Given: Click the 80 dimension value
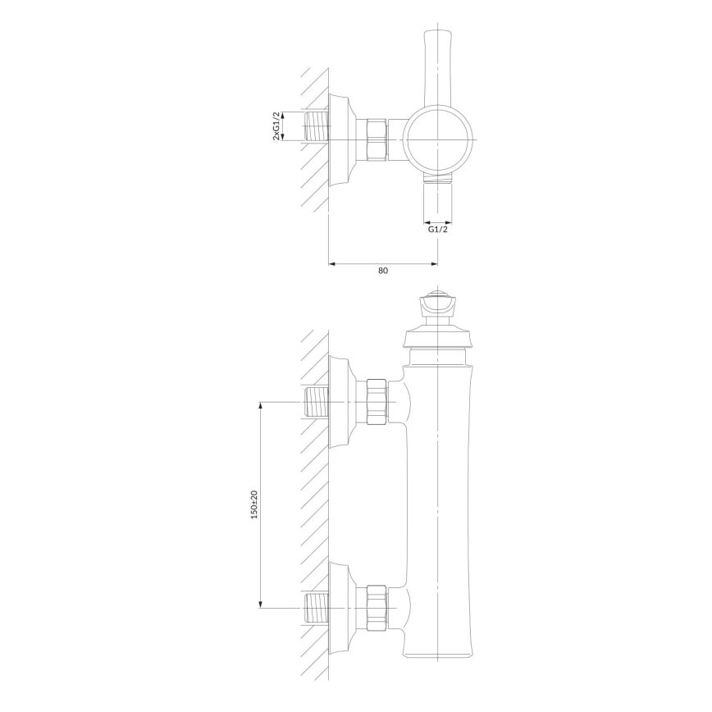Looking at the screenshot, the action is tap(383, 271).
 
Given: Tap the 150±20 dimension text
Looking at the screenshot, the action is tap(254, 504).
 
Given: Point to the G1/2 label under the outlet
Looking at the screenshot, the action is tap(438, 230).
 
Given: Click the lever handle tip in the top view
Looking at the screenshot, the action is tap(437, 33).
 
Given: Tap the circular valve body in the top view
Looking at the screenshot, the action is tap(438, 139).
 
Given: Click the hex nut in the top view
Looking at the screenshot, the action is tap(377, 139).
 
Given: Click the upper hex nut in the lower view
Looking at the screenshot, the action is tap(377, 402).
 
